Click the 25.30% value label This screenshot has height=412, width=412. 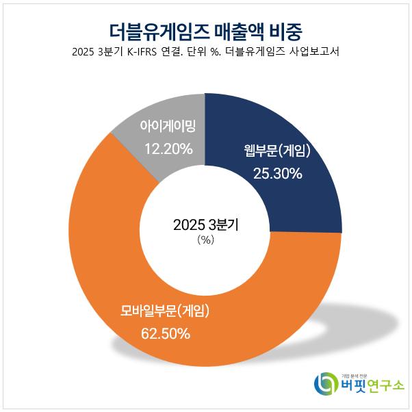coord(277,173)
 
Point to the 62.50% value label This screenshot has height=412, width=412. coord(165,335)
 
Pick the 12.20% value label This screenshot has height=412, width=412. coord(168,149)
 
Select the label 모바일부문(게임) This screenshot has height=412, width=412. coord(165,313)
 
